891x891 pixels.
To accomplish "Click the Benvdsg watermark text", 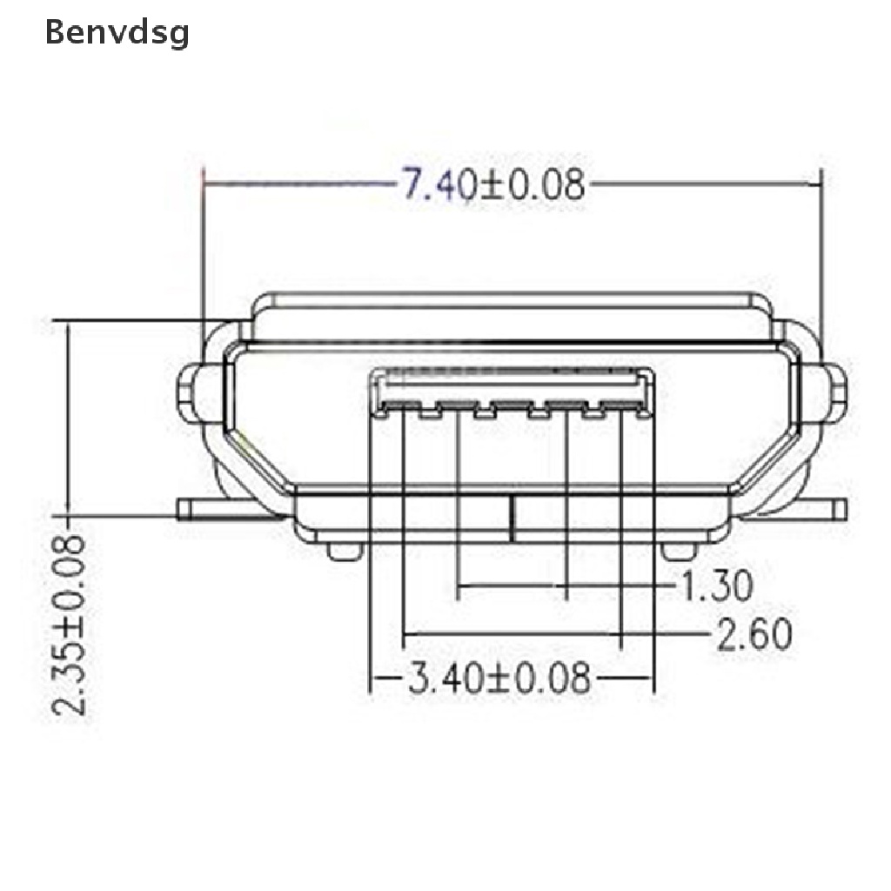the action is pos(117,34).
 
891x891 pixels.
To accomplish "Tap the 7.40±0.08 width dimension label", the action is pos(493,184).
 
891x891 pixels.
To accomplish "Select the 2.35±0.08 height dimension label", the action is pos(69,624).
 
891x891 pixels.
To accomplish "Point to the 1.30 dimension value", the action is pos(717,586).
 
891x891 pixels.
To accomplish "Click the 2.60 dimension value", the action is pos(754,634).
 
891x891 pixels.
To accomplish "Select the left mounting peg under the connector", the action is pos(345,551).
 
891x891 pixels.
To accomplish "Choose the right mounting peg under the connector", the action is pos(678,551).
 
